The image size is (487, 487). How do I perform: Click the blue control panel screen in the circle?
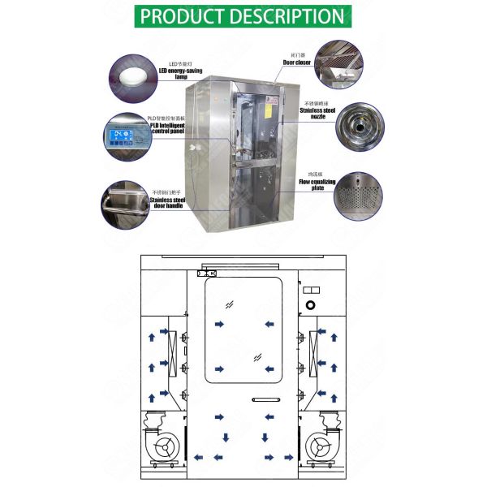pos(125,136)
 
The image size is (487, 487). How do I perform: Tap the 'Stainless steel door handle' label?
pos(171,200)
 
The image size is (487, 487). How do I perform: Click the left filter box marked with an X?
pos(173,347)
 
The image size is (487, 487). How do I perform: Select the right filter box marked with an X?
pos(314,347)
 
